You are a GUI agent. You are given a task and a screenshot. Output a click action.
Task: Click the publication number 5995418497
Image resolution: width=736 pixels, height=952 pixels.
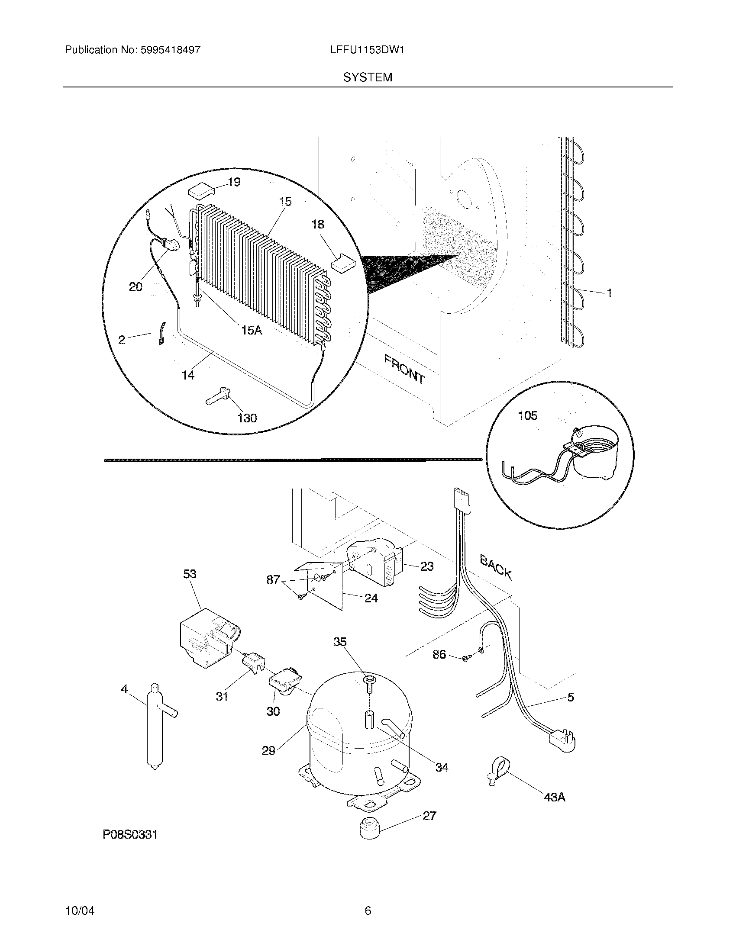point(170,50)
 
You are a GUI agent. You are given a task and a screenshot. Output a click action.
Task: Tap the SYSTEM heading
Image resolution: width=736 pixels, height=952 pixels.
point(368,77)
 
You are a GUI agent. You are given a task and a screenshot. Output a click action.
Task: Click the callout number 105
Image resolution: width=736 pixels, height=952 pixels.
point(528,416)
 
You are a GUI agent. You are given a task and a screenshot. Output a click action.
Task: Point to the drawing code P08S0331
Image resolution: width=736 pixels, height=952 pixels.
point(130,834)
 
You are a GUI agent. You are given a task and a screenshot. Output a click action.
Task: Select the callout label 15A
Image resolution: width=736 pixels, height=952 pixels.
point(252,331)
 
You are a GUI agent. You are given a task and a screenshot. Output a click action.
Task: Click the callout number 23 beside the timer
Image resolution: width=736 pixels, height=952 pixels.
point(427,566)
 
